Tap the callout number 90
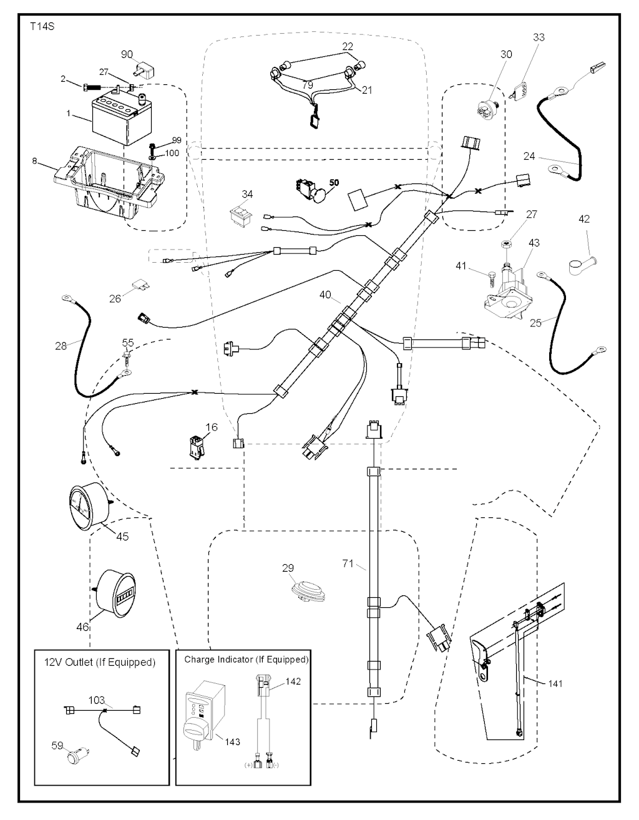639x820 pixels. click(127, 55)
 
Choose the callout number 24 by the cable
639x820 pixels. click(529, 156)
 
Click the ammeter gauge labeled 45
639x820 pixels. click(89, 503)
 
